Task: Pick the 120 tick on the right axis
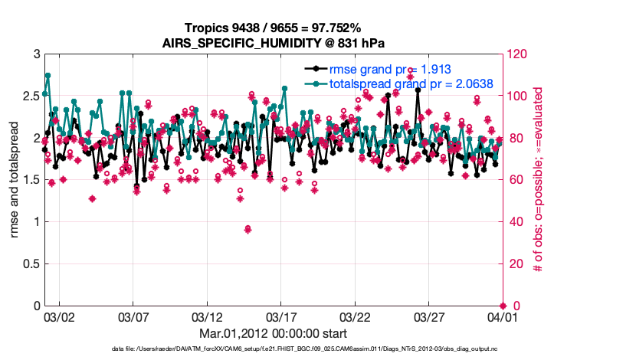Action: click(x=517, y=54)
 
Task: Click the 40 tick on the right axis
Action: click(x=514, y=222)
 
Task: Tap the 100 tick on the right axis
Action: click(x=517, y=97)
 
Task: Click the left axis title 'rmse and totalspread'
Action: click(x=14, y=180)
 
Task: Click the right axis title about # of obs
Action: click(x=539, y=180)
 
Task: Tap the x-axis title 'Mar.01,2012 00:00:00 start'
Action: click(x=273, y=333)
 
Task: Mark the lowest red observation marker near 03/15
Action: click(x=248, y=229)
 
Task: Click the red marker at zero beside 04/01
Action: click(x=503, y=306)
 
